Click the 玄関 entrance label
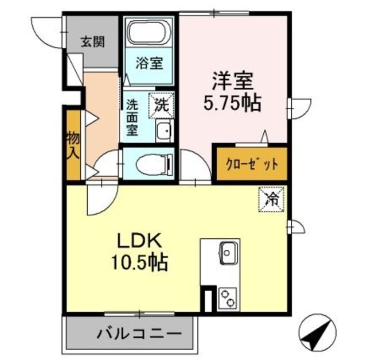[92, 42]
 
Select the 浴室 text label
[149, 63]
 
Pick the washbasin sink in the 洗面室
[163, 132]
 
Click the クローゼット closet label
[251, 164]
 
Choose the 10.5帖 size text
[142, 263]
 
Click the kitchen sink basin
[228, 252]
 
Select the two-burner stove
[228, 298]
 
